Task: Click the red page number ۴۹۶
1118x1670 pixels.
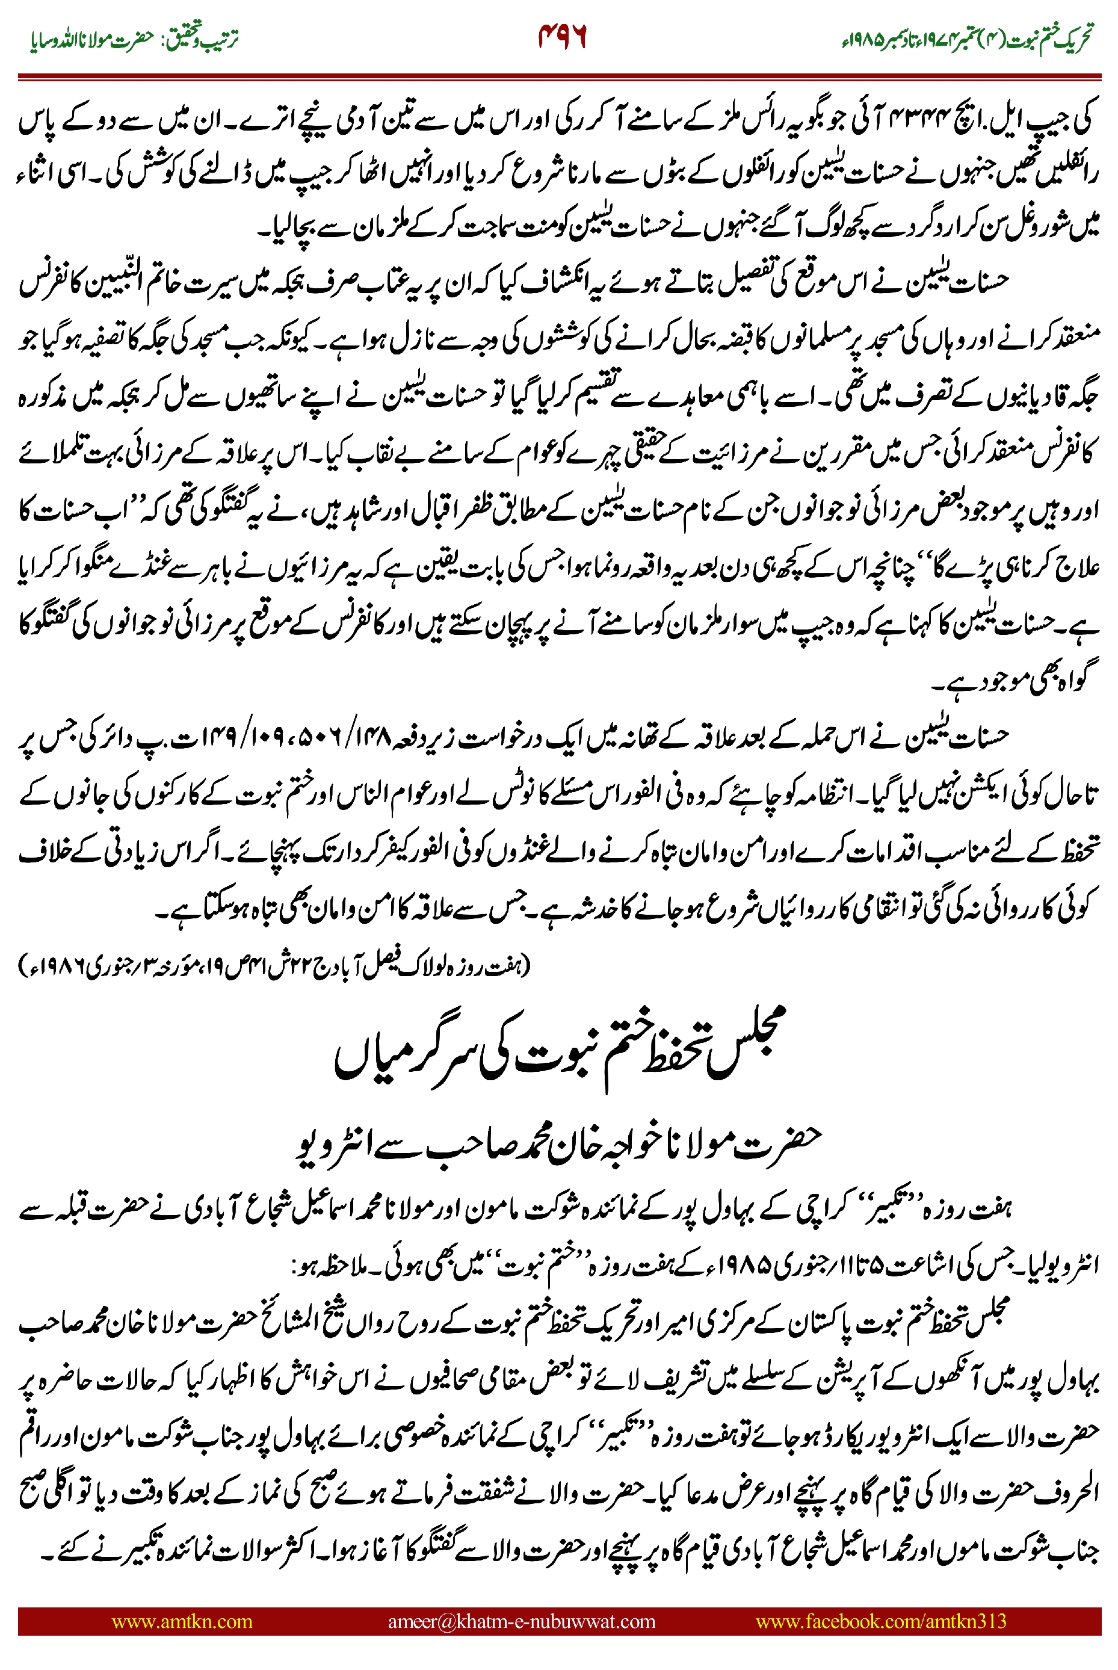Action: (x=562, y=37)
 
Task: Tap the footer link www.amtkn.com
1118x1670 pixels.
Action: (x=182, y=1621)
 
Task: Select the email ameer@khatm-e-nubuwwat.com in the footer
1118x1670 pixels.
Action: (x=521, y=1621)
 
